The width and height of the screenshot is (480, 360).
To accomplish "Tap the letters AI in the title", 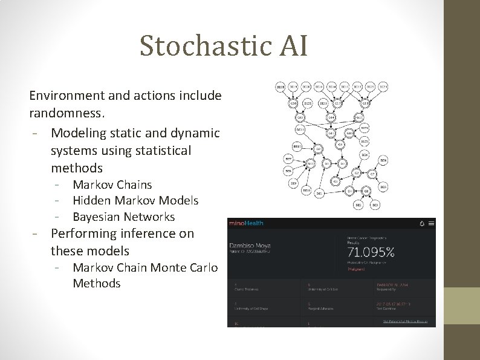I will click(294, 46).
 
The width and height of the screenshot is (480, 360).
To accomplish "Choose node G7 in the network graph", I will click(372, 174).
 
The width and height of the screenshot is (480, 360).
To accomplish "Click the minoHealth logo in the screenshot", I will click(246, 223).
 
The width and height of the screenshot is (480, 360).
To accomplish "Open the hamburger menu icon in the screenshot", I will click(431, 223).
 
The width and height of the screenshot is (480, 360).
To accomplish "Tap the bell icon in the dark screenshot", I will click(421, 223).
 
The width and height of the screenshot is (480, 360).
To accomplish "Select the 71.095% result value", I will click(371, 252).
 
